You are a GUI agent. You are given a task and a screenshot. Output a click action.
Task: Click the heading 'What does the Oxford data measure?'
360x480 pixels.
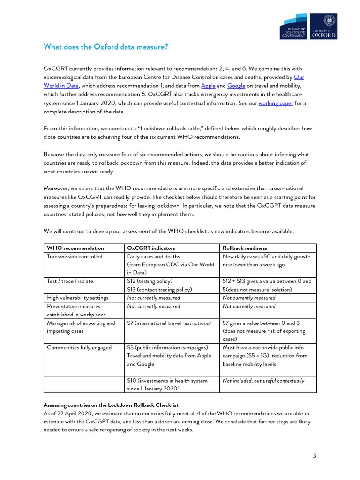105,47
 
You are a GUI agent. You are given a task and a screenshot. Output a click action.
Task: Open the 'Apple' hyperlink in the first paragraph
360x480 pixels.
208,86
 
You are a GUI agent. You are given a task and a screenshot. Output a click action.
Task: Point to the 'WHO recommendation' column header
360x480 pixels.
75,247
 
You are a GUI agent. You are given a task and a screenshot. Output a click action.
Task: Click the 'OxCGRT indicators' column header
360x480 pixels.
149,247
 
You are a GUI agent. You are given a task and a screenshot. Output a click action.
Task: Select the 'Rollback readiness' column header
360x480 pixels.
245,247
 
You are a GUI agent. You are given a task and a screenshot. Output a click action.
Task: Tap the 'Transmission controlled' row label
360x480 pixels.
75,256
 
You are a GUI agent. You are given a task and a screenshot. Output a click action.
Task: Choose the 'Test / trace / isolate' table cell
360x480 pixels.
70,281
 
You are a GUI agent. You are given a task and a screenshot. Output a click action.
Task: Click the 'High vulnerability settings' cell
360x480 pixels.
77,297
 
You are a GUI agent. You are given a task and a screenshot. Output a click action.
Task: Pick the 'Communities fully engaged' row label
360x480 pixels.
79,347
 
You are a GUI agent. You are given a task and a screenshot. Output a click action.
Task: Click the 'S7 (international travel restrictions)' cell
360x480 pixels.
169,322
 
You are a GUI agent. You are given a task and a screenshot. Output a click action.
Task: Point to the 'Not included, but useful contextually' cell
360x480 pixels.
263,381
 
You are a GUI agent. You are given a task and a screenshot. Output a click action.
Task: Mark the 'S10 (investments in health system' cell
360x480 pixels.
167,381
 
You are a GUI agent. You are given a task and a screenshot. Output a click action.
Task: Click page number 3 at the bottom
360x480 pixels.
314,455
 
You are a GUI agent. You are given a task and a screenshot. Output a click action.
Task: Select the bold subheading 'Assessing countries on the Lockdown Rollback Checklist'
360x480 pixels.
111,405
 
